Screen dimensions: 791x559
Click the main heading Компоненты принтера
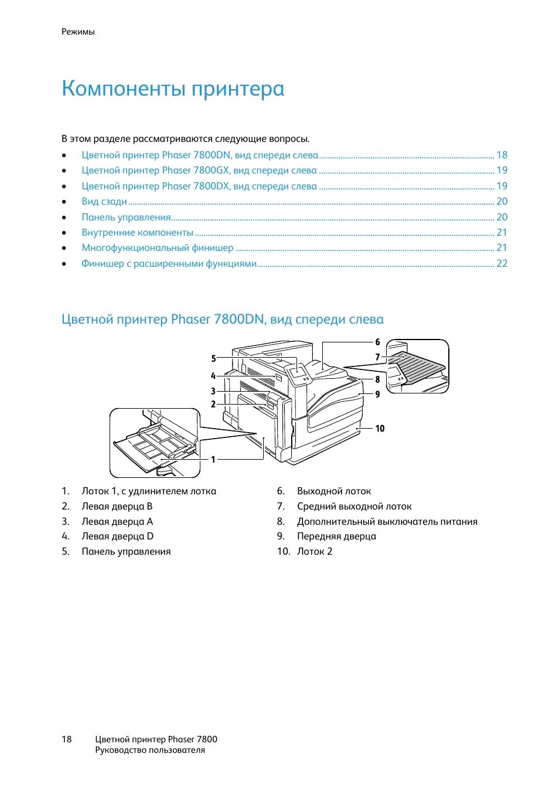173,89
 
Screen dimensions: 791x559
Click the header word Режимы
78,32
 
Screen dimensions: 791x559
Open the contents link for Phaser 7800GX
199,171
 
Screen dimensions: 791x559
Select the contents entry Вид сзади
104,202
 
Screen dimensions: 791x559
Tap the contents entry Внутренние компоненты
137,233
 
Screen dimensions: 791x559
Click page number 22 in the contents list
502,264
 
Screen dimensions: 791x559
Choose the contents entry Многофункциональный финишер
157,248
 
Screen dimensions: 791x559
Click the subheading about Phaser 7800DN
222,320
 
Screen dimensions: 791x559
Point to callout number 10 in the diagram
380,429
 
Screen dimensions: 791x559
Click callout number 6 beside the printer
377,342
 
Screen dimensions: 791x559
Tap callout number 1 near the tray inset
213,459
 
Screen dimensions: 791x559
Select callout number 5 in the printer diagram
213,358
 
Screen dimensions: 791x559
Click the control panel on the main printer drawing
299,373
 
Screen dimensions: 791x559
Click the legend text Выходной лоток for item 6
334,491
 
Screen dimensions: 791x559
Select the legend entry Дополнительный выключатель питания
387,522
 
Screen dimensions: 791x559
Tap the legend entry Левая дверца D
117,537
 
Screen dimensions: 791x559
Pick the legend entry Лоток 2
315,552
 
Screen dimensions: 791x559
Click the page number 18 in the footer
67,739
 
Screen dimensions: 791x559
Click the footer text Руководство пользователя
150,751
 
